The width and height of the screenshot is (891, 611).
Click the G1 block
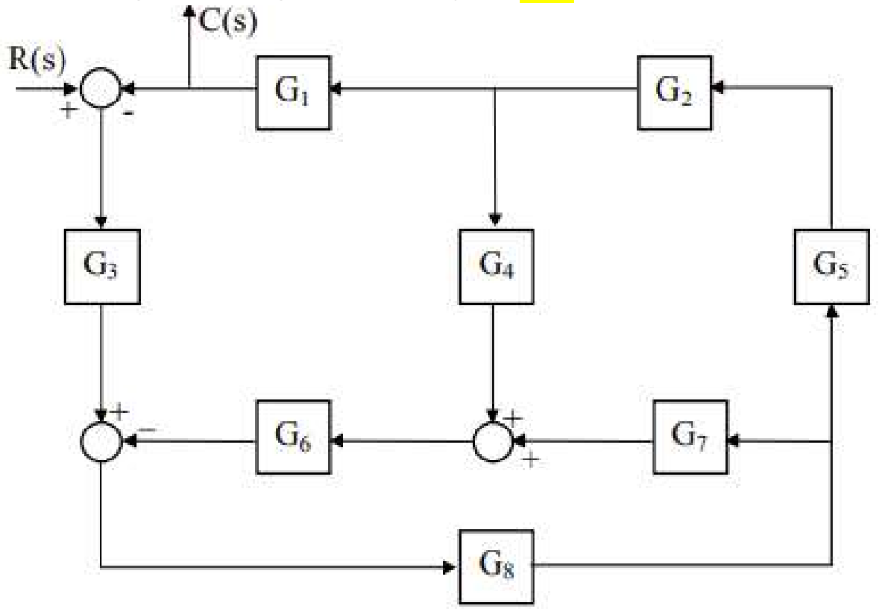293,92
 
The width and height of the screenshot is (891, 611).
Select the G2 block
675,92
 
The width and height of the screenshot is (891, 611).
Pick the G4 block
496,266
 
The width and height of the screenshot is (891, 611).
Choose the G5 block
831,266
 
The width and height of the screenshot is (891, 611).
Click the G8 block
496,566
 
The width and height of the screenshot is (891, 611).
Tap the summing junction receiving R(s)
101,90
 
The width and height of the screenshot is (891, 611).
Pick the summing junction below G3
101,441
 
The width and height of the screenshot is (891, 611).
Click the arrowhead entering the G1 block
336,90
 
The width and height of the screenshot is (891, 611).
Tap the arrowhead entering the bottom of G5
831,309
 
